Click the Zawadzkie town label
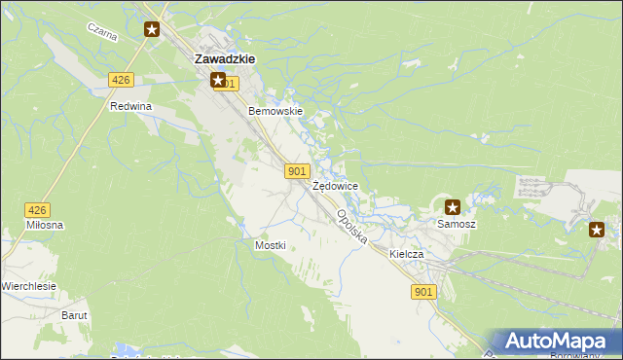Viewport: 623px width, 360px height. (x=225, y=58)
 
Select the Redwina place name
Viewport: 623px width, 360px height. (x=131, y=106)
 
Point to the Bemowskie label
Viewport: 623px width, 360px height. (x=276, y=111)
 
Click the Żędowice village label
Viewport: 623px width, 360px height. (x=336, y=186)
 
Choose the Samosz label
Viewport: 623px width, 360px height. (x=456, y=224)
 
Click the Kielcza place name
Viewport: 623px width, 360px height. (x=407, y=254)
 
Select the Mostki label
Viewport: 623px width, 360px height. (x=270, y=245)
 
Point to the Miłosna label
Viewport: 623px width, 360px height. (x=46, y=225)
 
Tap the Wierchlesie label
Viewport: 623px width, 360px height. (x=28, y=286)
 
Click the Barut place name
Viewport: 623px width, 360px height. (x=75, y=315)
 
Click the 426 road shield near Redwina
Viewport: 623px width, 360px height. (x=121, y=80)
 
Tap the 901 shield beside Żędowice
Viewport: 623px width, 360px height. (x=298, y=171)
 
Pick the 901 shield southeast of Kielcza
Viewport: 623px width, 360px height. (x=423, y=292)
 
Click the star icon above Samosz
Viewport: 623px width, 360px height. (x=453, y=206)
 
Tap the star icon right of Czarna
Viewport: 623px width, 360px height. (x=152, y=29)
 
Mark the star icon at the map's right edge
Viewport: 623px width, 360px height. (x=597, y=229)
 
